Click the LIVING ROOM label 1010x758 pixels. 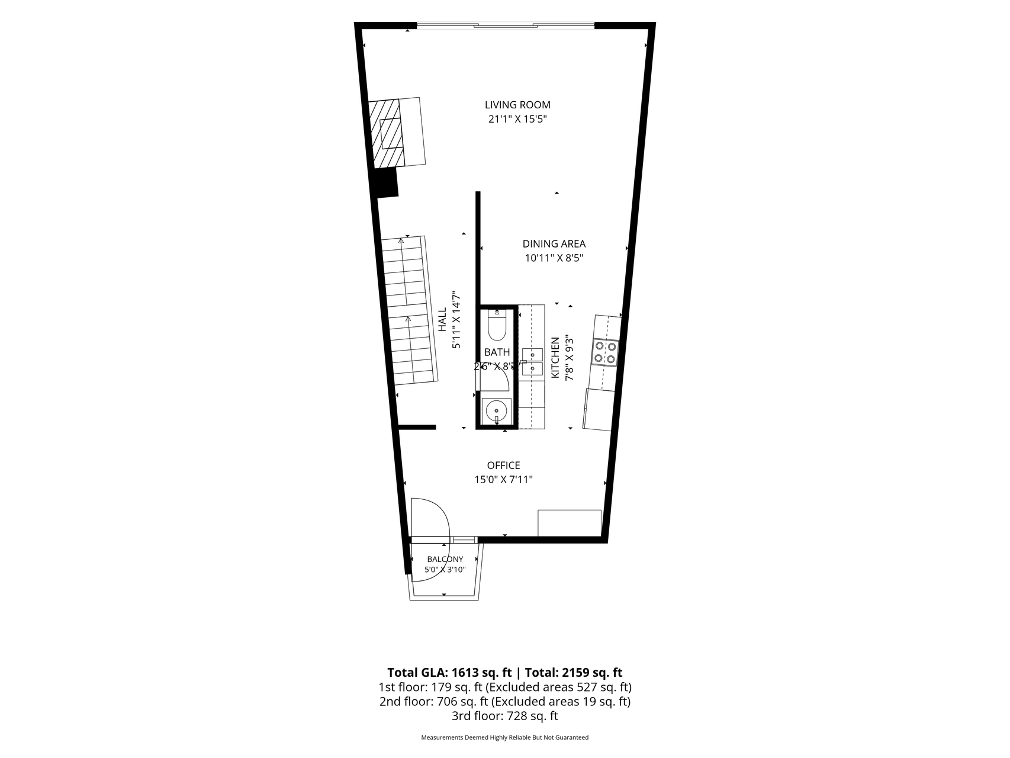(x=517, y=105)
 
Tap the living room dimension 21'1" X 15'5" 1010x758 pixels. (x=517, y=119)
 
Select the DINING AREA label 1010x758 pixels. (x=554, y=243)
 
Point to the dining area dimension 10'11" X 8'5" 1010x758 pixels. (x=554, y=258)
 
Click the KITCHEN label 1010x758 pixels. (x=555, y=358)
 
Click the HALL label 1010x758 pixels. (x=442, y=319)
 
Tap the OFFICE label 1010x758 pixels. (x=504, y=465)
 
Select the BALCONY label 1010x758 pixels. (x=445, y=559)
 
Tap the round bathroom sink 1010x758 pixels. (x=496, y=410)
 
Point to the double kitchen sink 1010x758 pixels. (x=532, y=362)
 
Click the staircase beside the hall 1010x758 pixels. (x=409, y=310)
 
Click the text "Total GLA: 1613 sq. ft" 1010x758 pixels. (x=449, y=673)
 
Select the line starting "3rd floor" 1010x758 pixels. (x=504, y=716)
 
